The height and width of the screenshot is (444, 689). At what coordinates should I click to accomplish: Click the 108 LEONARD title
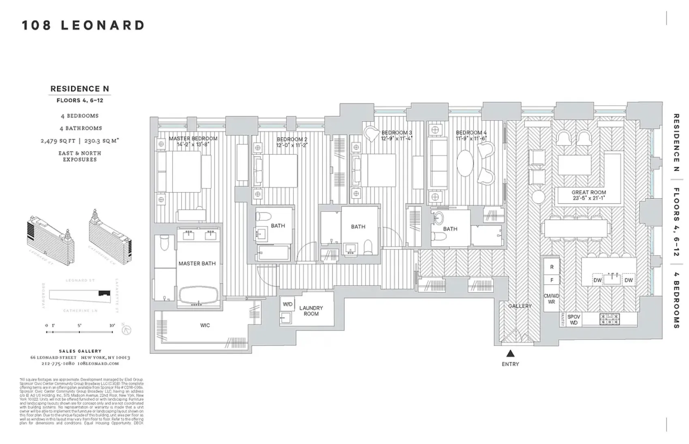pyautogui.click(x=83, y=26)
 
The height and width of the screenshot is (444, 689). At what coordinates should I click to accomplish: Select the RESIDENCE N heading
pyautogui.click(x=80, y=89)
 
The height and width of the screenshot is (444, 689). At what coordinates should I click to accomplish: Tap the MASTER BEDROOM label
pyautogui.click(x=193, y=139)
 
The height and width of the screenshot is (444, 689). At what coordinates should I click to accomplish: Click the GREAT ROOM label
pyautogui.click(x=589, y=193)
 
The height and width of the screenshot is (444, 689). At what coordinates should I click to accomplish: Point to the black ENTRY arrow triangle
pyautogui.click(x=510, y=353)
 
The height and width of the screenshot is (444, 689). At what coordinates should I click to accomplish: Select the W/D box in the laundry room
pyautogui.click(x=287, y=304)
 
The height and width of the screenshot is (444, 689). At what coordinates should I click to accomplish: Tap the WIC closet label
pyautogui.click(x=205, y=325)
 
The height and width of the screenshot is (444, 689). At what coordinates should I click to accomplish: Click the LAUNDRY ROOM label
pyautogui.click(x=311, y=311)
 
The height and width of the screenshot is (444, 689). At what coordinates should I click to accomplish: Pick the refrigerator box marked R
pyautogui.click(x=552, y=267)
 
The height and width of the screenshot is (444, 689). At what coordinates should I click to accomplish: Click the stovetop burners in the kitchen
pyautogui.click(x=610, y=319)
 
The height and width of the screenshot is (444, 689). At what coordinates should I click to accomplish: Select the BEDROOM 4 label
pyautogui.click(x=471, y=132)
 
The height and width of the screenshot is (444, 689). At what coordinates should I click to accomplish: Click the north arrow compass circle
pyautogui.click(x=127, y=330)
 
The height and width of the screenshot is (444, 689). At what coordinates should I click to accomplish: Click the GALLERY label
pyautogui.click(x=520, y=306)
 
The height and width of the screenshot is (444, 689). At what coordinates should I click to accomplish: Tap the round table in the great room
pyautogui.click(x=539, y=197)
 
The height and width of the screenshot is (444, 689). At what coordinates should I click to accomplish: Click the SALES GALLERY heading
pyautogui.click(x=80, y=351)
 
